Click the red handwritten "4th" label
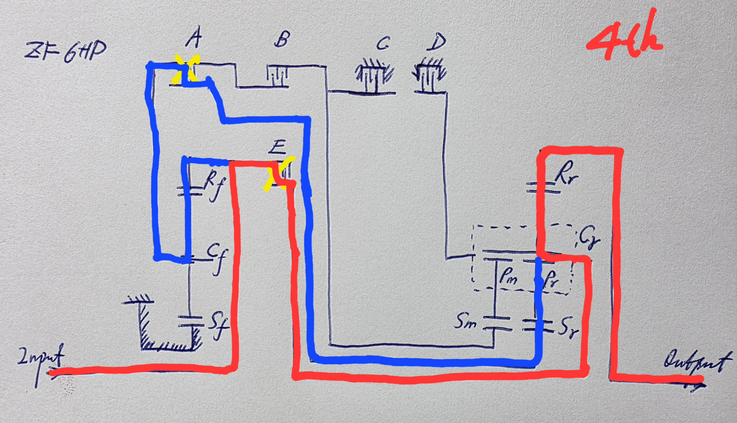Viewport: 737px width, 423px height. [x=624, y=38]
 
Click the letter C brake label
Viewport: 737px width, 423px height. [x=383, y=43]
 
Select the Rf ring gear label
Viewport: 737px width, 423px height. [x=214, y=186]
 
